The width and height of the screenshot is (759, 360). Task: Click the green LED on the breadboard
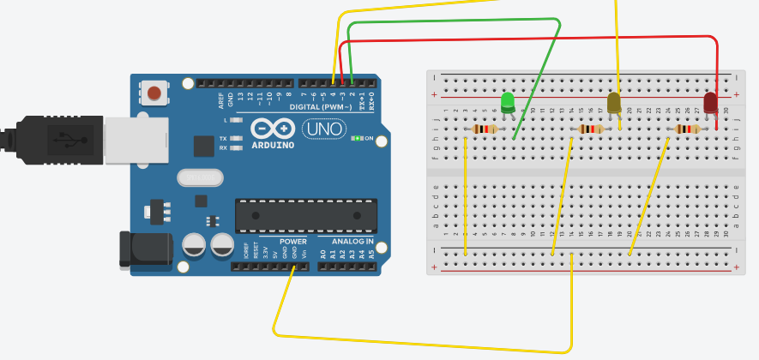pyautogui.click(x=508, y=103)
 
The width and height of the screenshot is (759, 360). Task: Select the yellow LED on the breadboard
pyautogui.click(x=614, y=104)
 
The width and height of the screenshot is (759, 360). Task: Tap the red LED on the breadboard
pyautogui.click(x=710, y=104)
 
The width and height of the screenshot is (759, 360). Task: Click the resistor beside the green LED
pyautogui.click(x=485, y=129)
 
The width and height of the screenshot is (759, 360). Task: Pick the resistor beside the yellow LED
pyautogui.click(x=591, y=129)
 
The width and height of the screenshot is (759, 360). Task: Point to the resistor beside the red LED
pyautogui.click(x=688, y=129)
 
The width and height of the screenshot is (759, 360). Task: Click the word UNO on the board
pyautogui.click(x=323, y=129)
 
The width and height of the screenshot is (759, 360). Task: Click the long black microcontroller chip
pyautogui.click(x=305, y=214)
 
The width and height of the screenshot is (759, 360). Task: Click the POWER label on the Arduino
pyautogui.click(x=292, y=241)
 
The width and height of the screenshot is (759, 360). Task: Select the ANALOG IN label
pyautogui.click(x=346, y=241)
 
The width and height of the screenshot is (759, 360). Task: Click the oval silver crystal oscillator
pyautogui.click(x=199, y=177)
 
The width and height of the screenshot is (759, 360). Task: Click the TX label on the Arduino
pyautogui.click(x=223, y=138)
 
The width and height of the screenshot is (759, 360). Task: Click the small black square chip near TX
pyautogui.click(x=203, y=147)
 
